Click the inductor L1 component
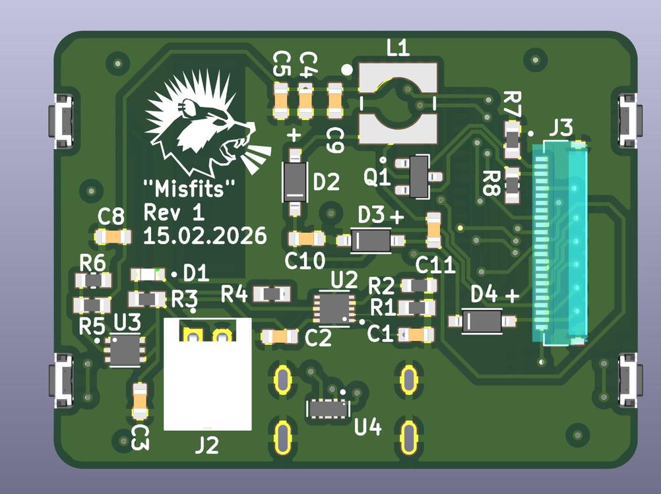coord(398,104)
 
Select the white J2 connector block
coord(207,373)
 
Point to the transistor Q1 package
coord(417,176)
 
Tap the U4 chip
coord(328,408)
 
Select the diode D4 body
coord(482,321)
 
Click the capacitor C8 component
coord(112,235)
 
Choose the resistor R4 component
coord(272,293)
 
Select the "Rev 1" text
coord(174,212)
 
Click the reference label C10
coord(305,261)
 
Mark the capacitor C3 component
coord(139,401)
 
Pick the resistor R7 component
coord(512,139)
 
